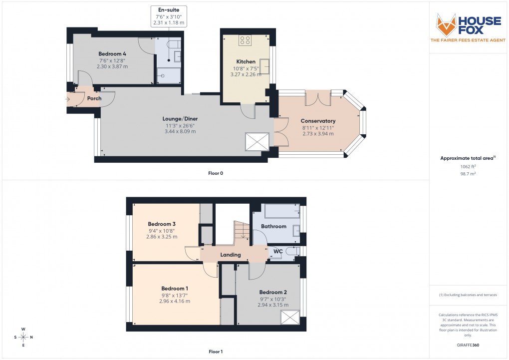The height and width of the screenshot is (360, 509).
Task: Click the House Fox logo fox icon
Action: point(446,24)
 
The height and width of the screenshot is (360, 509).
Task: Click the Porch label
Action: point(94,98)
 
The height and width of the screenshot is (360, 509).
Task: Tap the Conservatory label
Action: point(318,121)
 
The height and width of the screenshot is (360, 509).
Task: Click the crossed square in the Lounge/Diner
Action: point(257,142)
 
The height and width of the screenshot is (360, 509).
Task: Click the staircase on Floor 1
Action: point(242,231)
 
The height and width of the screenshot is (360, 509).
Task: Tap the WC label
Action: point(277,252)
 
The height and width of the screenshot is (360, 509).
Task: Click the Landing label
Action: point(231,255)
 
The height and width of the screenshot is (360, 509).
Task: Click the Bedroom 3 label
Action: point(162,224)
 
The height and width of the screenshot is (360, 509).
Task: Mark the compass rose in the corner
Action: point(23,337)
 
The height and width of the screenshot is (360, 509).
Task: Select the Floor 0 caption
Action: point(216,173)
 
